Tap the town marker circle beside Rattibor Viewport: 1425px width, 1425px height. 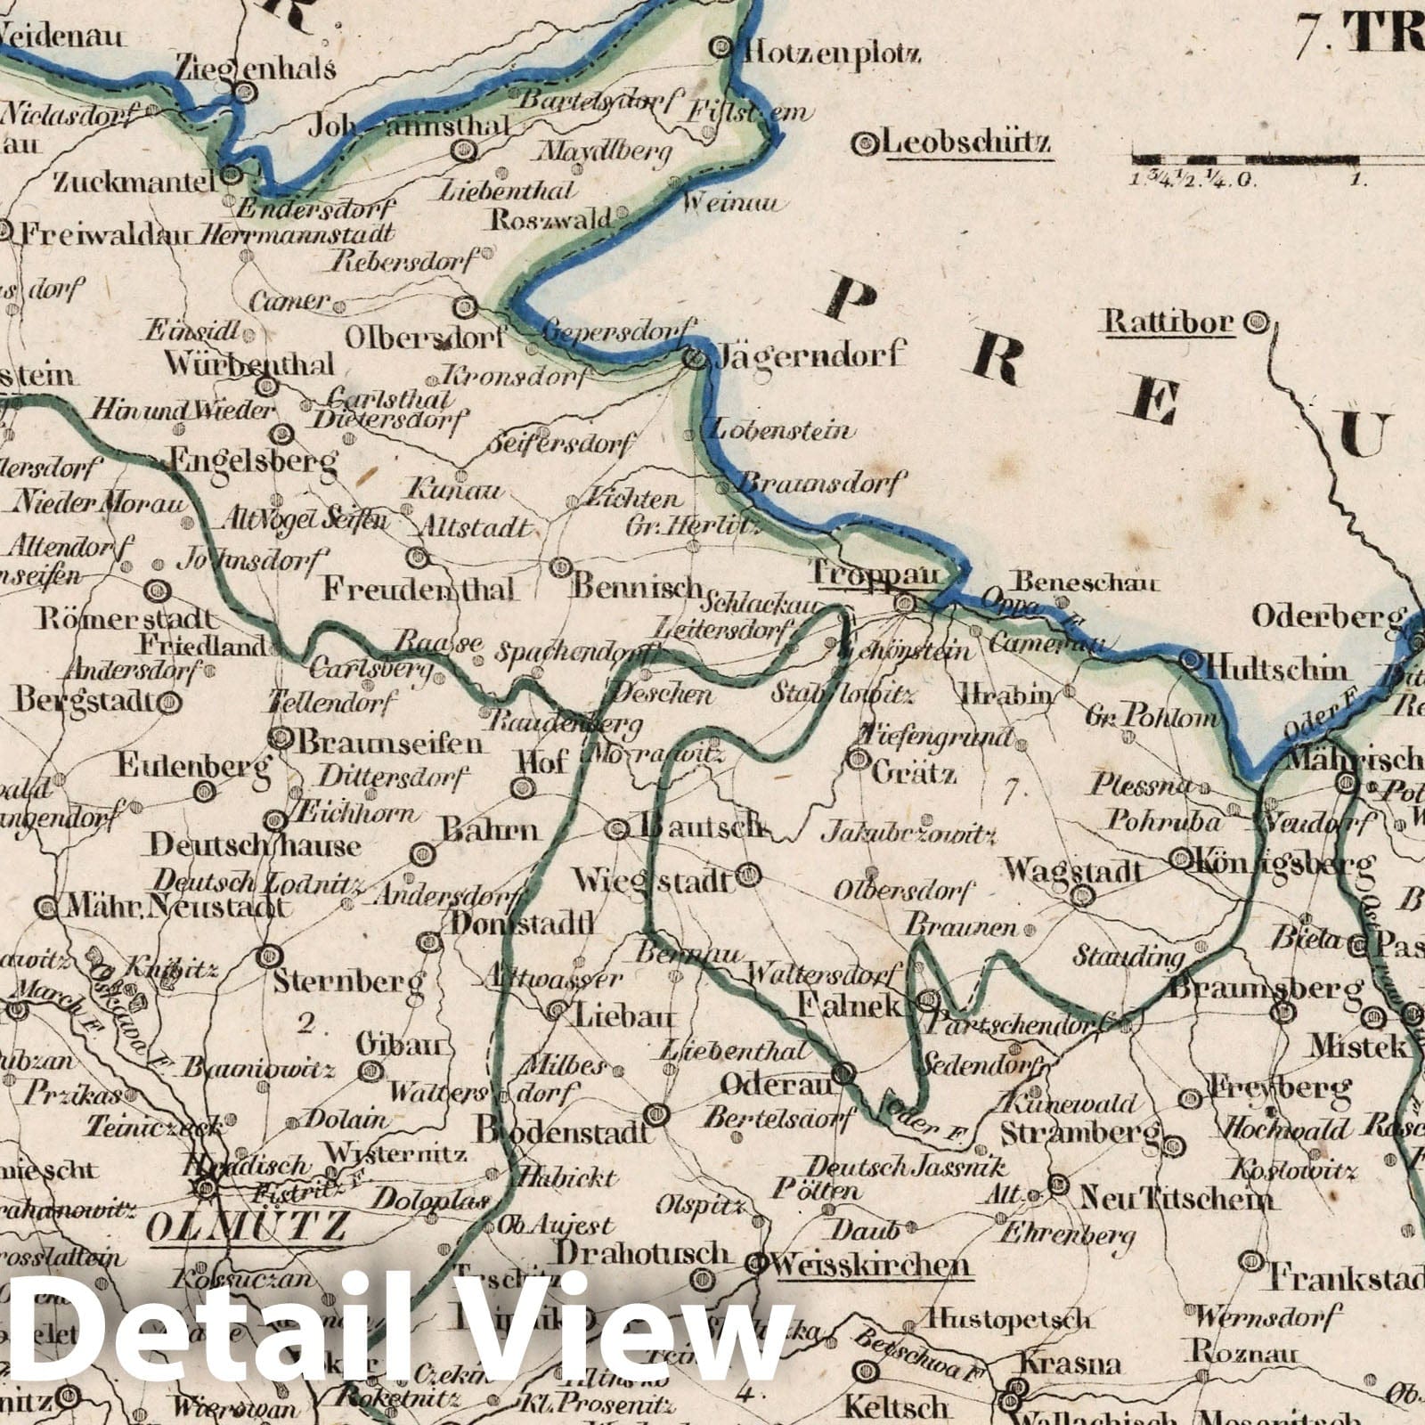point(1257,322)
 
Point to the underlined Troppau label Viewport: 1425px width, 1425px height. point(874,575)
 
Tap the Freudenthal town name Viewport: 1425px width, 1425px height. point(419,589)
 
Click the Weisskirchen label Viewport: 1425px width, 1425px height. point(872,1264)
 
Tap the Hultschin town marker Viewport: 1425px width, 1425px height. point(1191,660)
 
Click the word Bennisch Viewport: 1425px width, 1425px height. point(638,587)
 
